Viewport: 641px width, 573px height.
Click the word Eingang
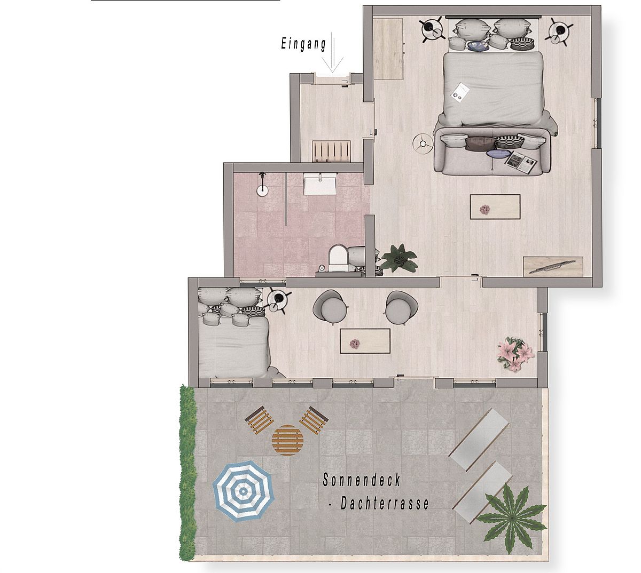click(303, 44)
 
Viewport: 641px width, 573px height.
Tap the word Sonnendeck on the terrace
click(361, 480)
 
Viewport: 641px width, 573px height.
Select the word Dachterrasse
click(385, 504)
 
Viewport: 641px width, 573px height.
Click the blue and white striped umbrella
click(243, 491)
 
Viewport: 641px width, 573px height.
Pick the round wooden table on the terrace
click(287, 440)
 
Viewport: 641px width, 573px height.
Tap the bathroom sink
click(320, 186)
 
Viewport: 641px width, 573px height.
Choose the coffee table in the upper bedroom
click(495, 206)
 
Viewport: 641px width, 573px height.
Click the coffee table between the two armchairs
click(365, 341)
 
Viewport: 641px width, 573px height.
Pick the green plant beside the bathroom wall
click(398, 258)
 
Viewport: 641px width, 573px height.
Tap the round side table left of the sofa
click(423, 144)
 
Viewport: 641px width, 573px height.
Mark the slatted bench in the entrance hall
click(331, 151)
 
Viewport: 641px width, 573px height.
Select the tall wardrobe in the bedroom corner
click(388, 49)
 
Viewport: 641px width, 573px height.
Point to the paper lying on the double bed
click(460, 92)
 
